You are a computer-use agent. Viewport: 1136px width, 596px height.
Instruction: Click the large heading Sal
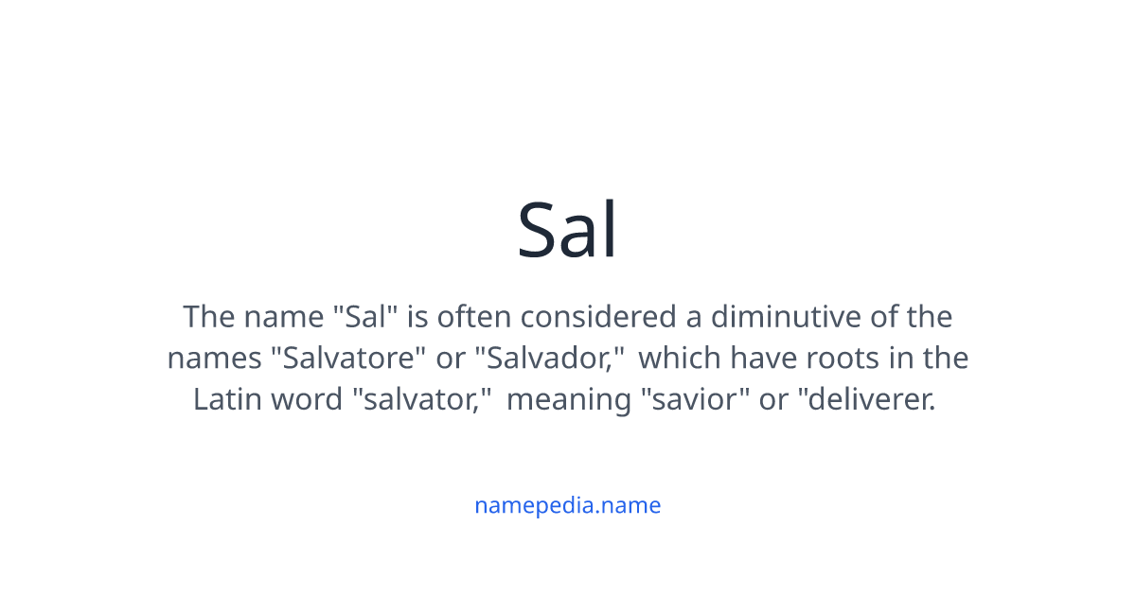568,230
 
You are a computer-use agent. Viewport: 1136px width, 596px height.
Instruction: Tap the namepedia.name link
568,505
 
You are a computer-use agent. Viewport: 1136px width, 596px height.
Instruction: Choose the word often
476,316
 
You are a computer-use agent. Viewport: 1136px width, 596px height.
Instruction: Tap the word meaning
569,399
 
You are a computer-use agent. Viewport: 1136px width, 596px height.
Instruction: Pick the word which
679,359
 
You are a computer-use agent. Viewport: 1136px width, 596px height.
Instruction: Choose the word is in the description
417,316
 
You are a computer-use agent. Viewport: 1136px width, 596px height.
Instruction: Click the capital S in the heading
537,230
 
